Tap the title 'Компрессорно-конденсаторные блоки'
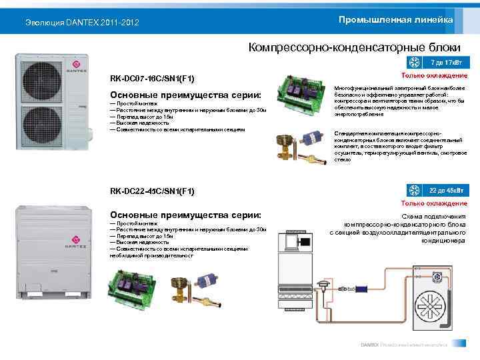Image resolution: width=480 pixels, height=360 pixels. (x=354, y=47)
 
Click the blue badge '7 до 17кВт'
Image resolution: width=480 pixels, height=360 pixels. (x=446, y=63)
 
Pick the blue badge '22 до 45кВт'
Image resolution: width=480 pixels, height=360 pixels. (x=446, y=191)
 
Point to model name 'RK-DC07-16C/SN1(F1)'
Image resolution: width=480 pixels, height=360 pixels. (x=153, y=79)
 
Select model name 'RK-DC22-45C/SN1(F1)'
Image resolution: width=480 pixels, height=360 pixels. (x=153, y=192)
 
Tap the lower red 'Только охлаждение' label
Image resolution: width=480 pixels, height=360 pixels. (x=434, y=203)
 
